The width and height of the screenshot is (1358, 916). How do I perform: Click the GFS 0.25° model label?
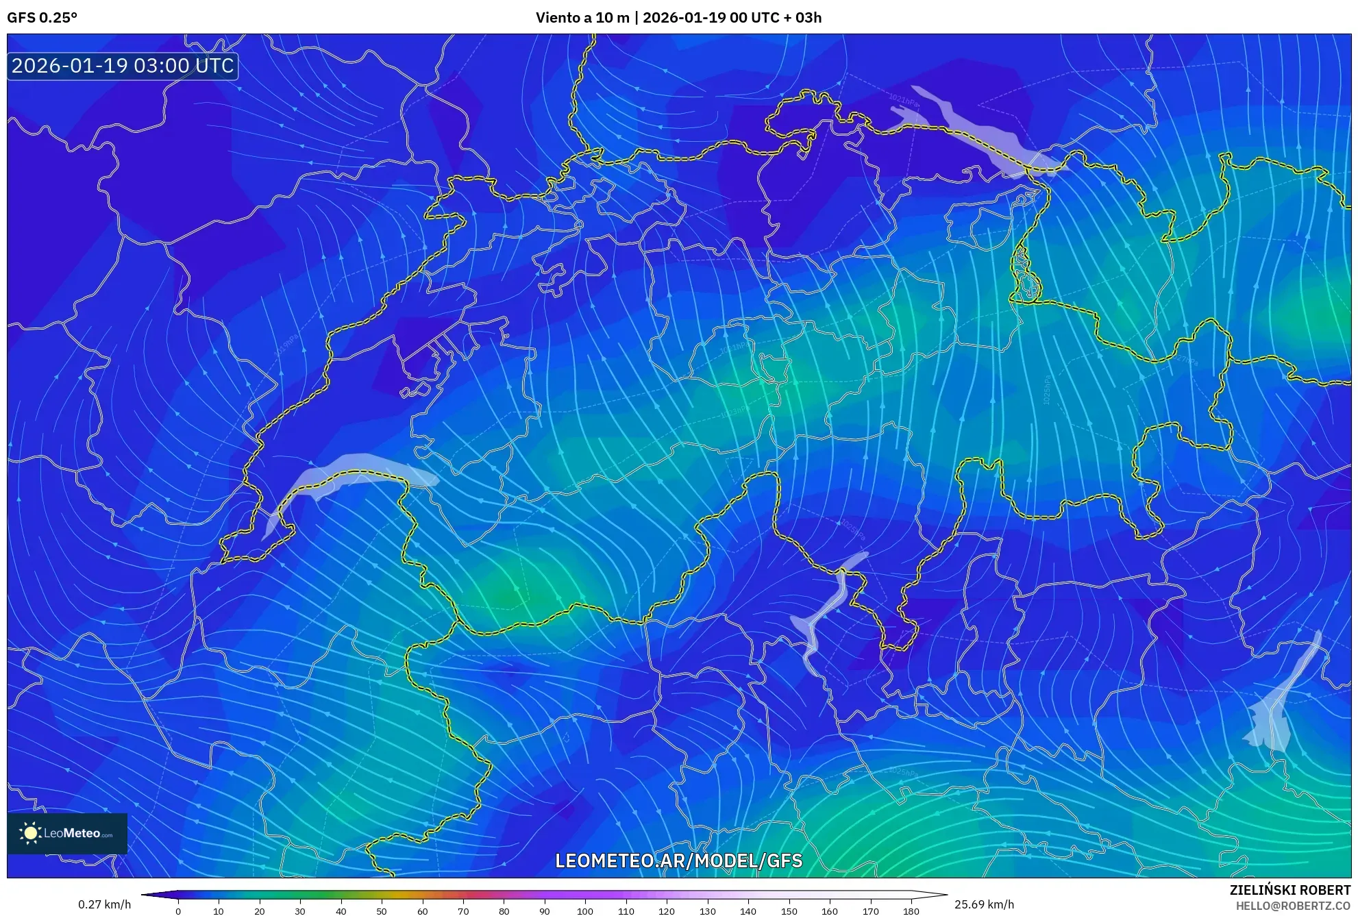pos(42,18)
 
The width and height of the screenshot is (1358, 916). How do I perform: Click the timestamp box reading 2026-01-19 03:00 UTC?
pos(123,66)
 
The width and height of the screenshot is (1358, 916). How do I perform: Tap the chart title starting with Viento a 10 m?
pos(678,18)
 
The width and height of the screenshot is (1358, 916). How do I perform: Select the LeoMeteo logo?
pos(67,833)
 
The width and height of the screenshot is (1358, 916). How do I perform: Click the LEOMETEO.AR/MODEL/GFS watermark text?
pos(678,861)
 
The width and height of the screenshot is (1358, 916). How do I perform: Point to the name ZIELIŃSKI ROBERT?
pos(1289,890)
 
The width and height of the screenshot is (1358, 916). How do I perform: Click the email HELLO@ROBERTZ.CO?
pos(1293,906)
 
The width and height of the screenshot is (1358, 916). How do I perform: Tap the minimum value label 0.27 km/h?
pos(104,904)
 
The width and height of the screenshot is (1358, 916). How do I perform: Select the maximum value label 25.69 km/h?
pos(984,904)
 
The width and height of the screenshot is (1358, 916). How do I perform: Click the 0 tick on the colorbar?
pos(178,911)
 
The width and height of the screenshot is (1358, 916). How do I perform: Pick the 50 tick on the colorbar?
pos(382,911)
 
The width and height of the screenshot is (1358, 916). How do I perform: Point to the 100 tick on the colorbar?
pos(585,911)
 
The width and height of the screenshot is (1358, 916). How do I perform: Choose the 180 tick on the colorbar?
pos(911,911)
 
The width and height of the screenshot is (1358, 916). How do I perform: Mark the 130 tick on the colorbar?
pos(707,911)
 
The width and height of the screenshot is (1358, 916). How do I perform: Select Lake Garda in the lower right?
pos(1274,713)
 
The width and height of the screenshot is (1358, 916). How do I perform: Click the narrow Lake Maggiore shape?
pos(826,617)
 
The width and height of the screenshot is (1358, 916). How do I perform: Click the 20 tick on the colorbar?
pos(260,911)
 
